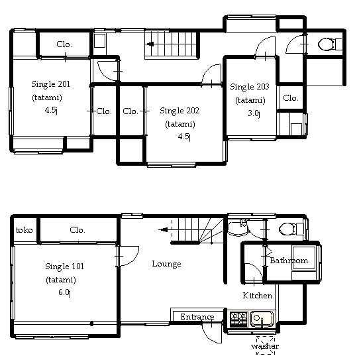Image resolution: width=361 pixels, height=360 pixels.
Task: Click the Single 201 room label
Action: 50,84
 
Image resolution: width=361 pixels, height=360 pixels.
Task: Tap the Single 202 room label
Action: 180,111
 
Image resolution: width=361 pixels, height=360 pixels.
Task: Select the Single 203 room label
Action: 250,87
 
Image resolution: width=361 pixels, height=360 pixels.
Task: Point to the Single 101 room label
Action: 64,267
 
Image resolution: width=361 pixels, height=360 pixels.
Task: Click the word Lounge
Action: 167,264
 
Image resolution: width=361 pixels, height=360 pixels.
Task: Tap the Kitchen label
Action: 258,296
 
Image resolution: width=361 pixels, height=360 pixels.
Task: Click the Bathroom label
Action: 289,261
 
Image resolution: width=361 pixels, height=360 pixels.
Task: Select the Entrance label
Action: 197,317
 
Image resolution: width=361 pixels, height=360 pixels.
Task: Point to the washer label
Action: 265,346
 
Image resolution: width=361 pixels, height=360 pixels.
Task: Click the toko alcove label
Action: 24,230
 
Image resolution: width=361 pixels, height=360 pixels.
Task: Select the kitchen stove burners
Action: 239,319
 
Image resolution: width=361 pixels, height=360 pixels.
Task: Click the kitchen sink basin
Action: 262,318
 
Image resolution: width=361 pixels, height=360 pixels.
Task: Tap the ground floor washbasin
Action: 238,229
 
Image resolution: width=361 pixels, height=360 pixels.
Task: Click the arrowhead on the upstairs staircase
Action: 150,44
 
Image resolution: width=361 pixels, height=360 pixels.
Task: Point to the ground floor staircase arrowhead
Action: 164,229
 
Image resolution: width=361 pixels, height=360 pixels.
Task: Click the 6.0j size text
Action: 65,292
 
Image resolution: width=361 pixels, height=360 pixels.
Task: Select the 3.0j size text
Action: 254,113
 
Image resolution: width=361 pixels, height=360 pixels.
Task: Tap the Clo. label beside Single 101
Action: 77,230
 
